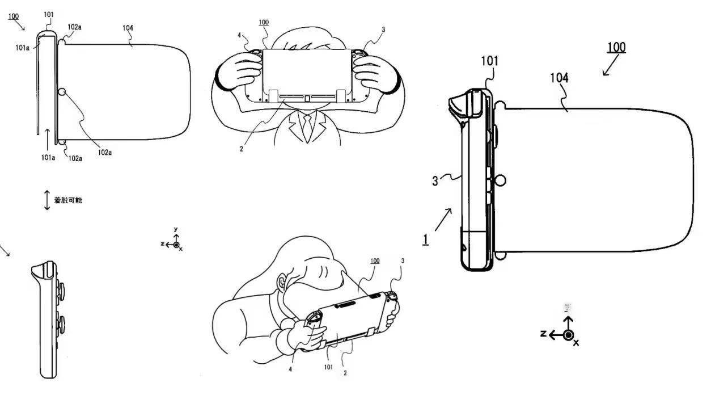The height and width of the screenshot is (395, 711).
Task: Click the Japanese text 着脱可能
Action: [x=69, y=200]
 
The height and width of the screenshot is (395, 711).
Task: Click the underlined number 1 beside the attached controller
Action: [x=425, y=239]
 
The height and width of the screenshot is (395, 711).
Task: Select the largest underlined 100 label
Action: [x=616, y=47]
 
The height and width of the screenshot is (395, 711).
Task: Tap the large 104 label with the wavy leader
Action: [x=559, y=78]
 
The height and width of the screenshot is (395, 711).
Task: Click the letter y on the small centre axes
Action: [x=176, y=229]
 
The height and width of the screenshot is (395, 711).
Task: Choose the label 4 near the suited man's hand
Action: [x=240, y=36]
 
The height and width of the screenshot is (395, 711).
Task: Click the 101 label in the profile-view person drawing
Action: [x=328, y=367]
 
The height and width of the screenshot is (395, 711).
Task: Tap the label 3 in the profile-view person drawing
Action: [x=403, y=261]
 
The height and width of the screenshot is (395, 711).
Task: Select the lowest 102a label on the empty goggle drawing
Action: [x=75, y=158]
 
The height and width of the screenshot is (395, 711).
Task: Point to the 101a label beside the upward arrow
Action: [x=48, y=157]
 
